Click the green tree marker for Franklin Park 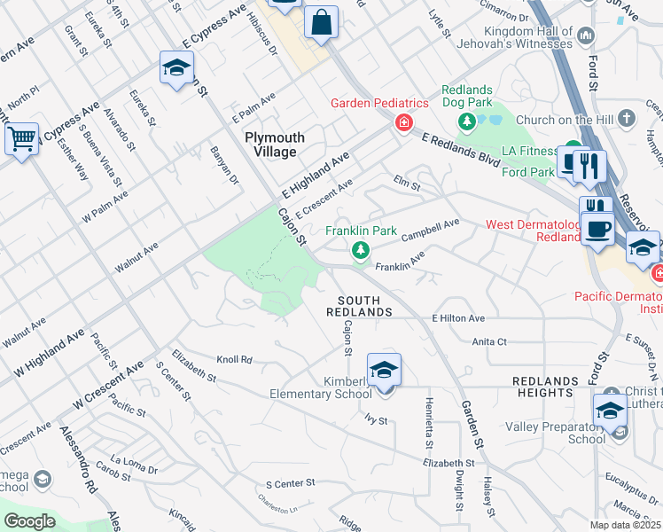361,251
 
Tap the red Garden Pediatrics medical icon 403,121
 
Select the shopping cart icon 20,139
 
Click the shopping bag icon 321,20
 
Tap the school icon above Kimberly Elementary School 384,370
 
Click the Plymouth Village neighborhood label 275,145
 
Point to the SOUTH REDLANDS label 359,306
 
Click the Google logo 29,520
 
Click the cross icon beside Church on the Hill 627,119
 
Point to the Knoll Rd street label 235,360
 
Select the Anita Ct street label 489,340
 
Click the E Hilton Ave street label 458,318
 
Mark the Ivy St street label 377,419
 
